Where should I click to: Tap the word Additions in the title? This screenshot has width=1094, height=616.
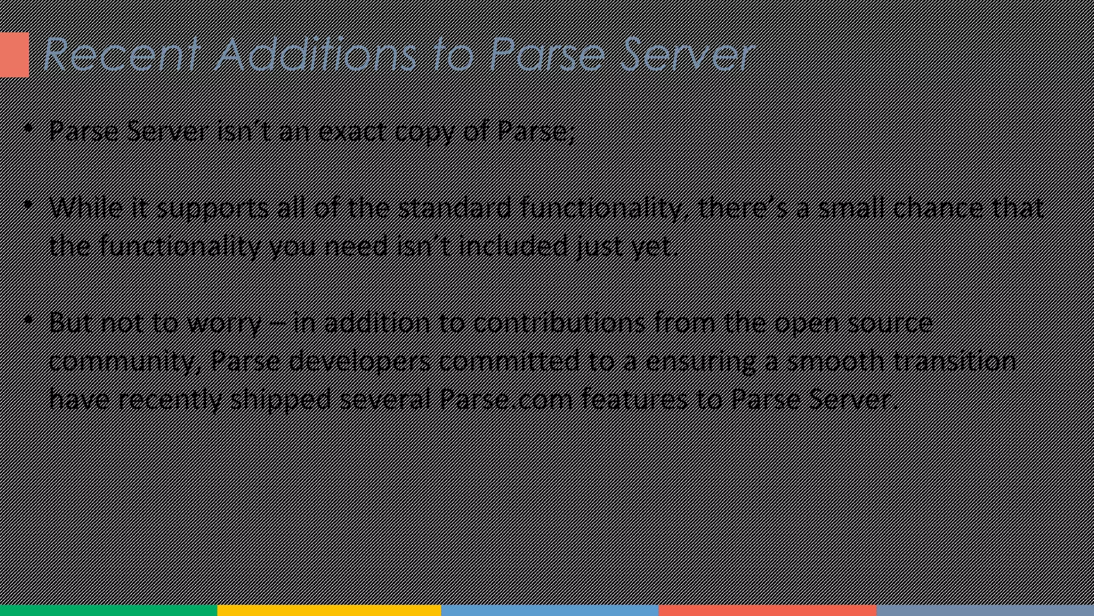(315, 54)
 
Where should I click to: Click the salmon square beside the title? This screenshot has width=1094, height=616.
(14, 55)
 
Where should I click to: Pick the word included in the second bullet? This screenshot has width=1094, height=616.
(513, 246)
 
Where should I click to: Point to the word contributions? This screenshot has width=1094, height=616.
(559, 322)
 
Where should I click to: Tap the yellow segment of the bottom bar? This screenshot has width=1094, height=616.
(329, 610)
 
